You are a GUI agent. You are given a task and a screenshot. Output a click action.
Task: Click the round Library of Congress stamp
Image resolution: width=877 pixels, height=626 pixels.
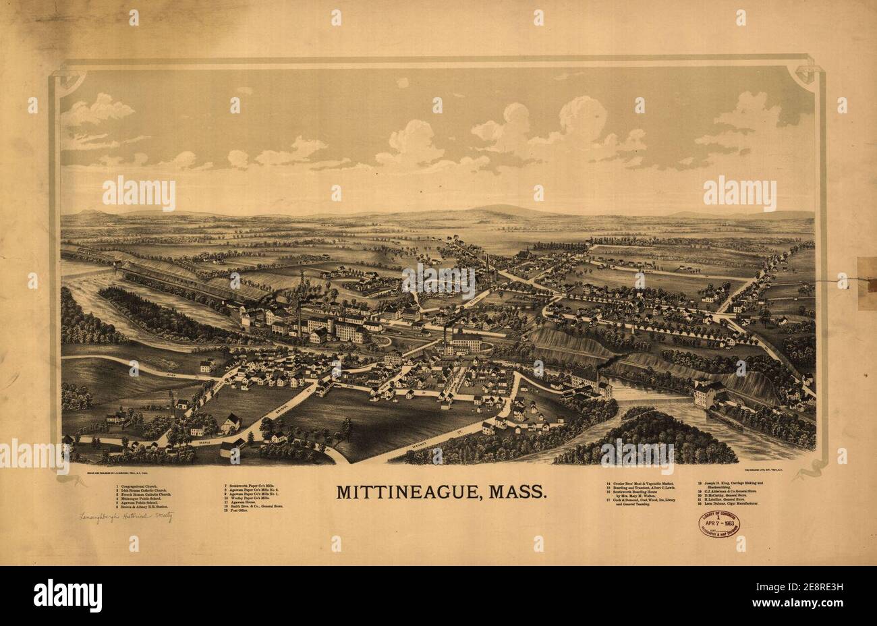click(718, 524)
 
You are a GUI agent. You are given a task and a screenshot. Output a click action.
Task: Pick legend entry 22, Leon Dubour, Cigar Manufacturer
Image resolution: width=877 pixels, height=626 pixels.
click(729, 504)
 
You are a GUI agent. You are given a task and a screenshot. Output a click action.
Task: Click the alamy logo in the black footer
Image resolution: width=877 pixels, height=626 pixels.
click(68, 596)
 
